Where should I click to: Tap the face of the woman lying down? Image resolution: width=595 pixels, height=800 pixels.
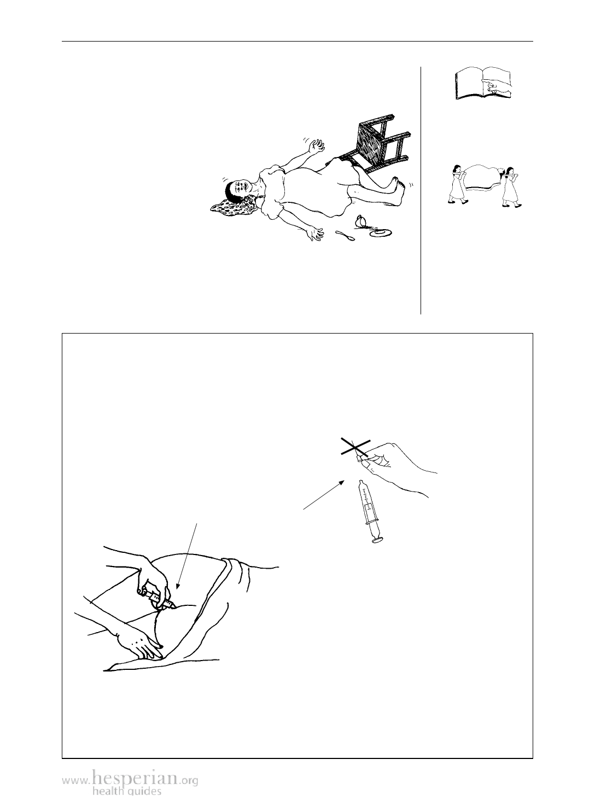point(240,187)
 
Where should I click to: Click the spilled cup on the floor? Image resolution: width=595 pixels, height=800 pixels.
point(361,221)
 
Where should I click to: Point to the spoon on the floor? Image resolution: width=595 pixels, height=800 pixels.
point(345,236)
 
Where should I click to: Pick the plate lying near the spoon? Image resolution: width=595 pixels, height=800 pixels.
point(381,232)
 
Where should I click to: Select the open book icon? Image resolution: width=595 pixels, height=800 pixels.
point(483,83)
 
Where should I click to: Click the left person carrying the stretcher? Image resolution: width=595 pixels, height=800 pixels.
point(457,185)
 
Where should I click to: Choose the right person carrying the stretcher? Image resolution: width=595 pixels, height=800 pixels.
point(510,188)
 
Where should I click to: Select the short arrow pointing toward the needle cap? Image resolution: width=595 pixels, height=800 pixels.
point(324,494)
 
